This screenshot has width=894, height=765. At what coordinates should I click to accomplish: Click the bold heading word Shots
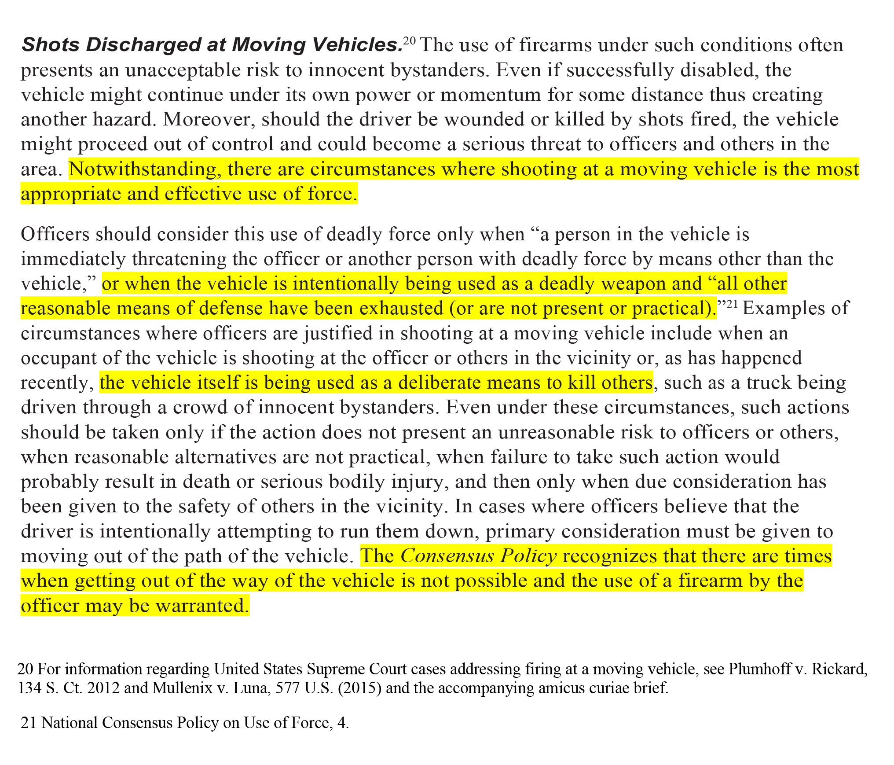(x=50, y=45)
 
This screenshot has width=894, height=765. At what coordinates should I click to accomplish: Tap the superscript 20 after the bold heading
(x=409, y=41)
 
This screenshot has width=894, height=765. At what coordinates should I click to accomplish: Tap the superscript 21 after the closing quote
(x=731, y=305)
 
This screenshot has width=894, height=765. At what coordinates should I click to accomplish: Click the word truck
(x=766, y=383)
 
